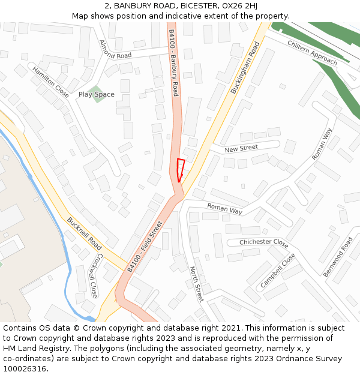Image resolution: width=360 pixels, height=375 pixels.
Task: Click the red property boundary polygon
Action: [x=181, y=169]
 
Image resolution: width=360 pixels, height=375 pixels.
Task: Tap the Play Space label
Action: [x=96, y=94]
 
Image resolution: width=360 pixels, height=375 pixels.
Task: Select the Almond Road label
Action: [x=115, y=49]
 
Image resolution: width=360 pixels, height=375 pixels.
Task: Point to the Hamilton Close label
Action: [x=50, y=82]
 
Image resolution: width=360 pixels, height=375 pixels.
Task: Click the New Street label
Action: [x=241, y=148]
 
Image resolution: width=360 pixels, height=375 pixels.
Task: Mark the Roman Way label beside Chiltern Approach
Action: [x=322, y=144]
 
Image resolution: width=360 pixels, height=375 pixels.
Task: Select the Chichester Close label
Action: [x=263, y=242]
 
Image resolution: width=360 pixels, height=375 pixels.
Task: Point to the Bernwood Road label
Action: [x=338, y=257]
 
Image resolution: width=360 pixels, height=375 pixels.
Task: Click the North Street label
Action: [x=196, y=283]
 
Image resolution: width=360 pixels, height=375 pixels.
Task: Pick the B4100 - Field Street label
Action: [x=145, y=247]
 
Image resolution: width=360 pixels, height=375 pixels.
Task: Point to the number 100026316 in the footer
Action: [x=25, y=368]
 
